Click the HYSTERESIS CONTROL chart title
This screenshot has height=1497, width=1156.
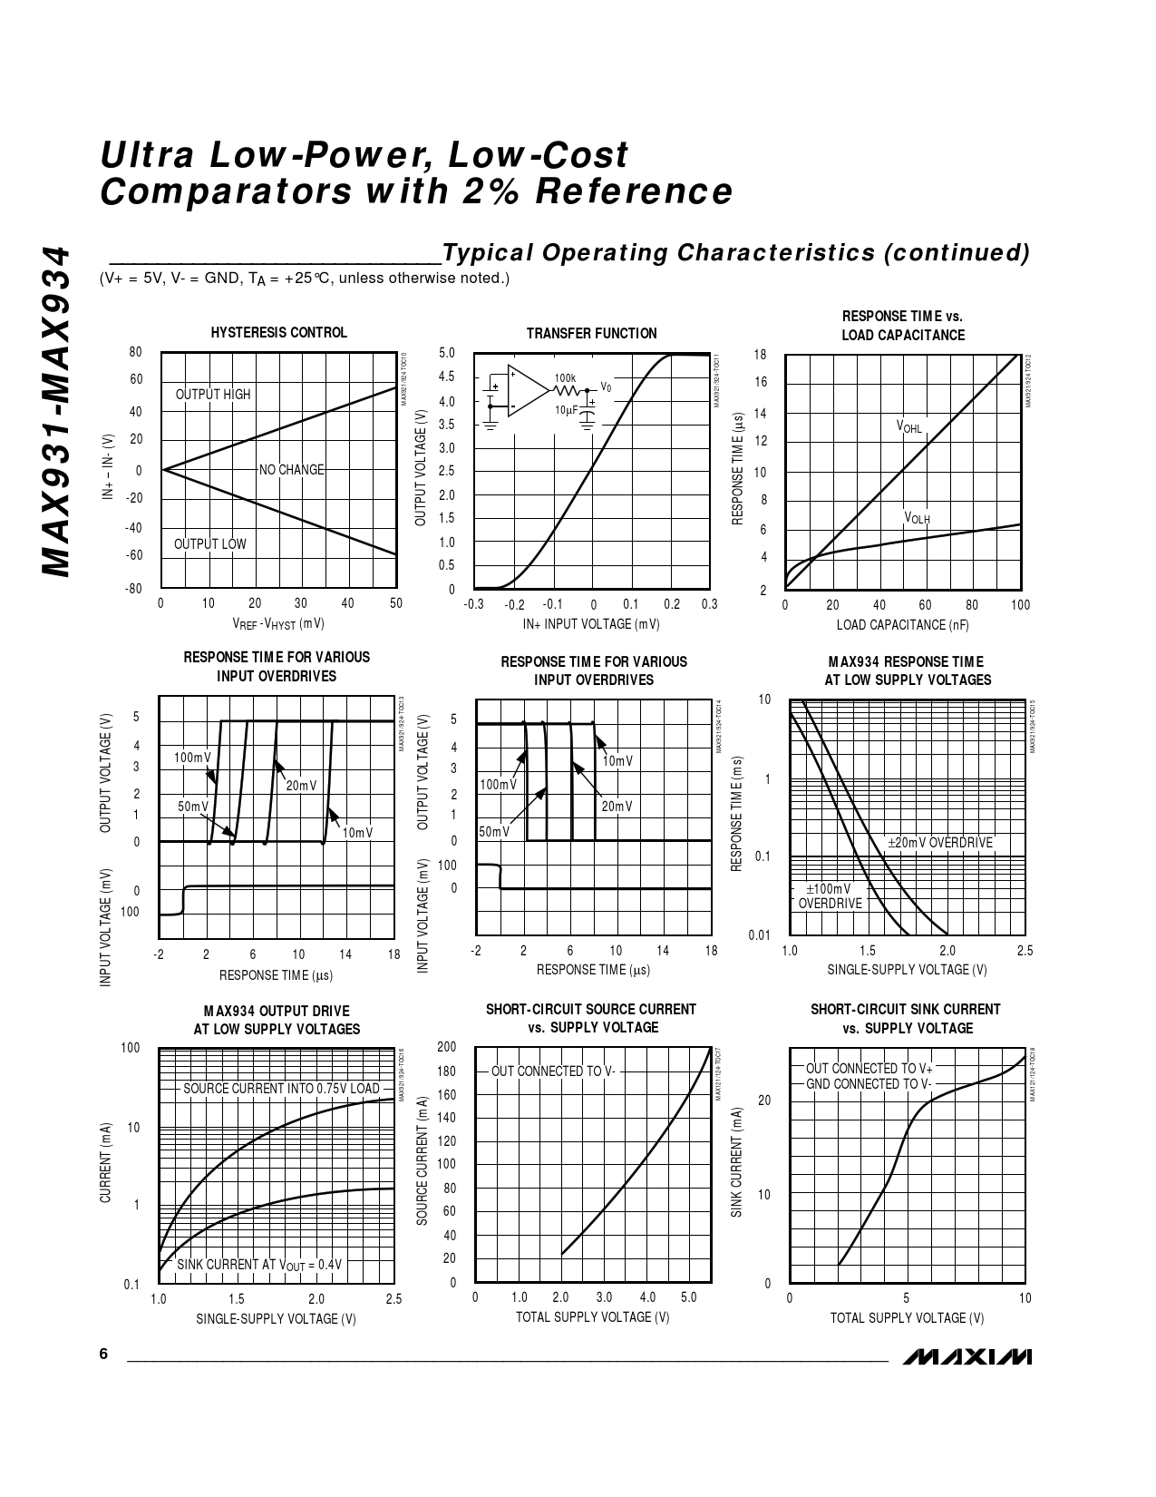pyautogui.click(x=278, y=333)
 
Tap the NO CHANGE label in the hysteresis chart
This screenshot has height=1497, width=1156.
pyautogui.click(x=291, y=470)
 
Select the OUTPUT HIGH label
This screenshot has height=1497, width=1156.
pyautogui.click(x=212, y=395)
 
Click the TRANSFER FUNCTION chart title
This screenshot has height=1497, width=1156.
pyautogui.click(x=591, y=334)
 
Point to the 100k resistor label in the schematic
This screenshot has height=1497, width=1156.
pyautogui.click(x=565, y=377)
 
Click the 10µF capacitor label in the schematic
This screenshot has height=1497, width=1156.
pyautogui.click(x=567, y=410)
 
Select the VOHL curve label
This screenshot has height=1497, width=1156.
pyautogui.click(x=908, y=426)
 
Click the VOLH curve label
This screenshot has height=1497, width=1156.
pyautogui.click(x=917, y=518)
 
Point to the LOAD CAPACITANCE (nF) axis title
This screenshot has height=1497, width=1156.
pyautogui.click(x=902, y=624)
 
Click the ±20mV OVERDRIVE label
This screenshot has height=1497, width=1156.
pyautogui.click(x=940, y=843)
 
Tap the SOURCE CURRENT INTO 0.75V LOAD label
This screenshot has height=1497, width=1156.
pyautogui.click(x=281, y=1089)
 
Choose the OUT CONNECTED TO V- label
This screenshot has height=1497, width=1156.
pyautogui.click(x=553, y=1071)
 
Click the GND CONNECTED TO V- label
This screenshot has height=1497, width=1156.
pyautogui.click(x=869, y=1084)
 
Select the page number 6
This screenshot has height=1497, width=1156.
pyautogui.click(x=103, y=1355)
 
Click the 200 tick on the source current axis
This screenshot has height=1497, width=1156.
pyautogui.click(x=447, y=1047)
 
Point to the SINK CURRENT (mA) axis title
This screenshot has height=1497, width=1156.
pyautogui.click(x=737, y=1162)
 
